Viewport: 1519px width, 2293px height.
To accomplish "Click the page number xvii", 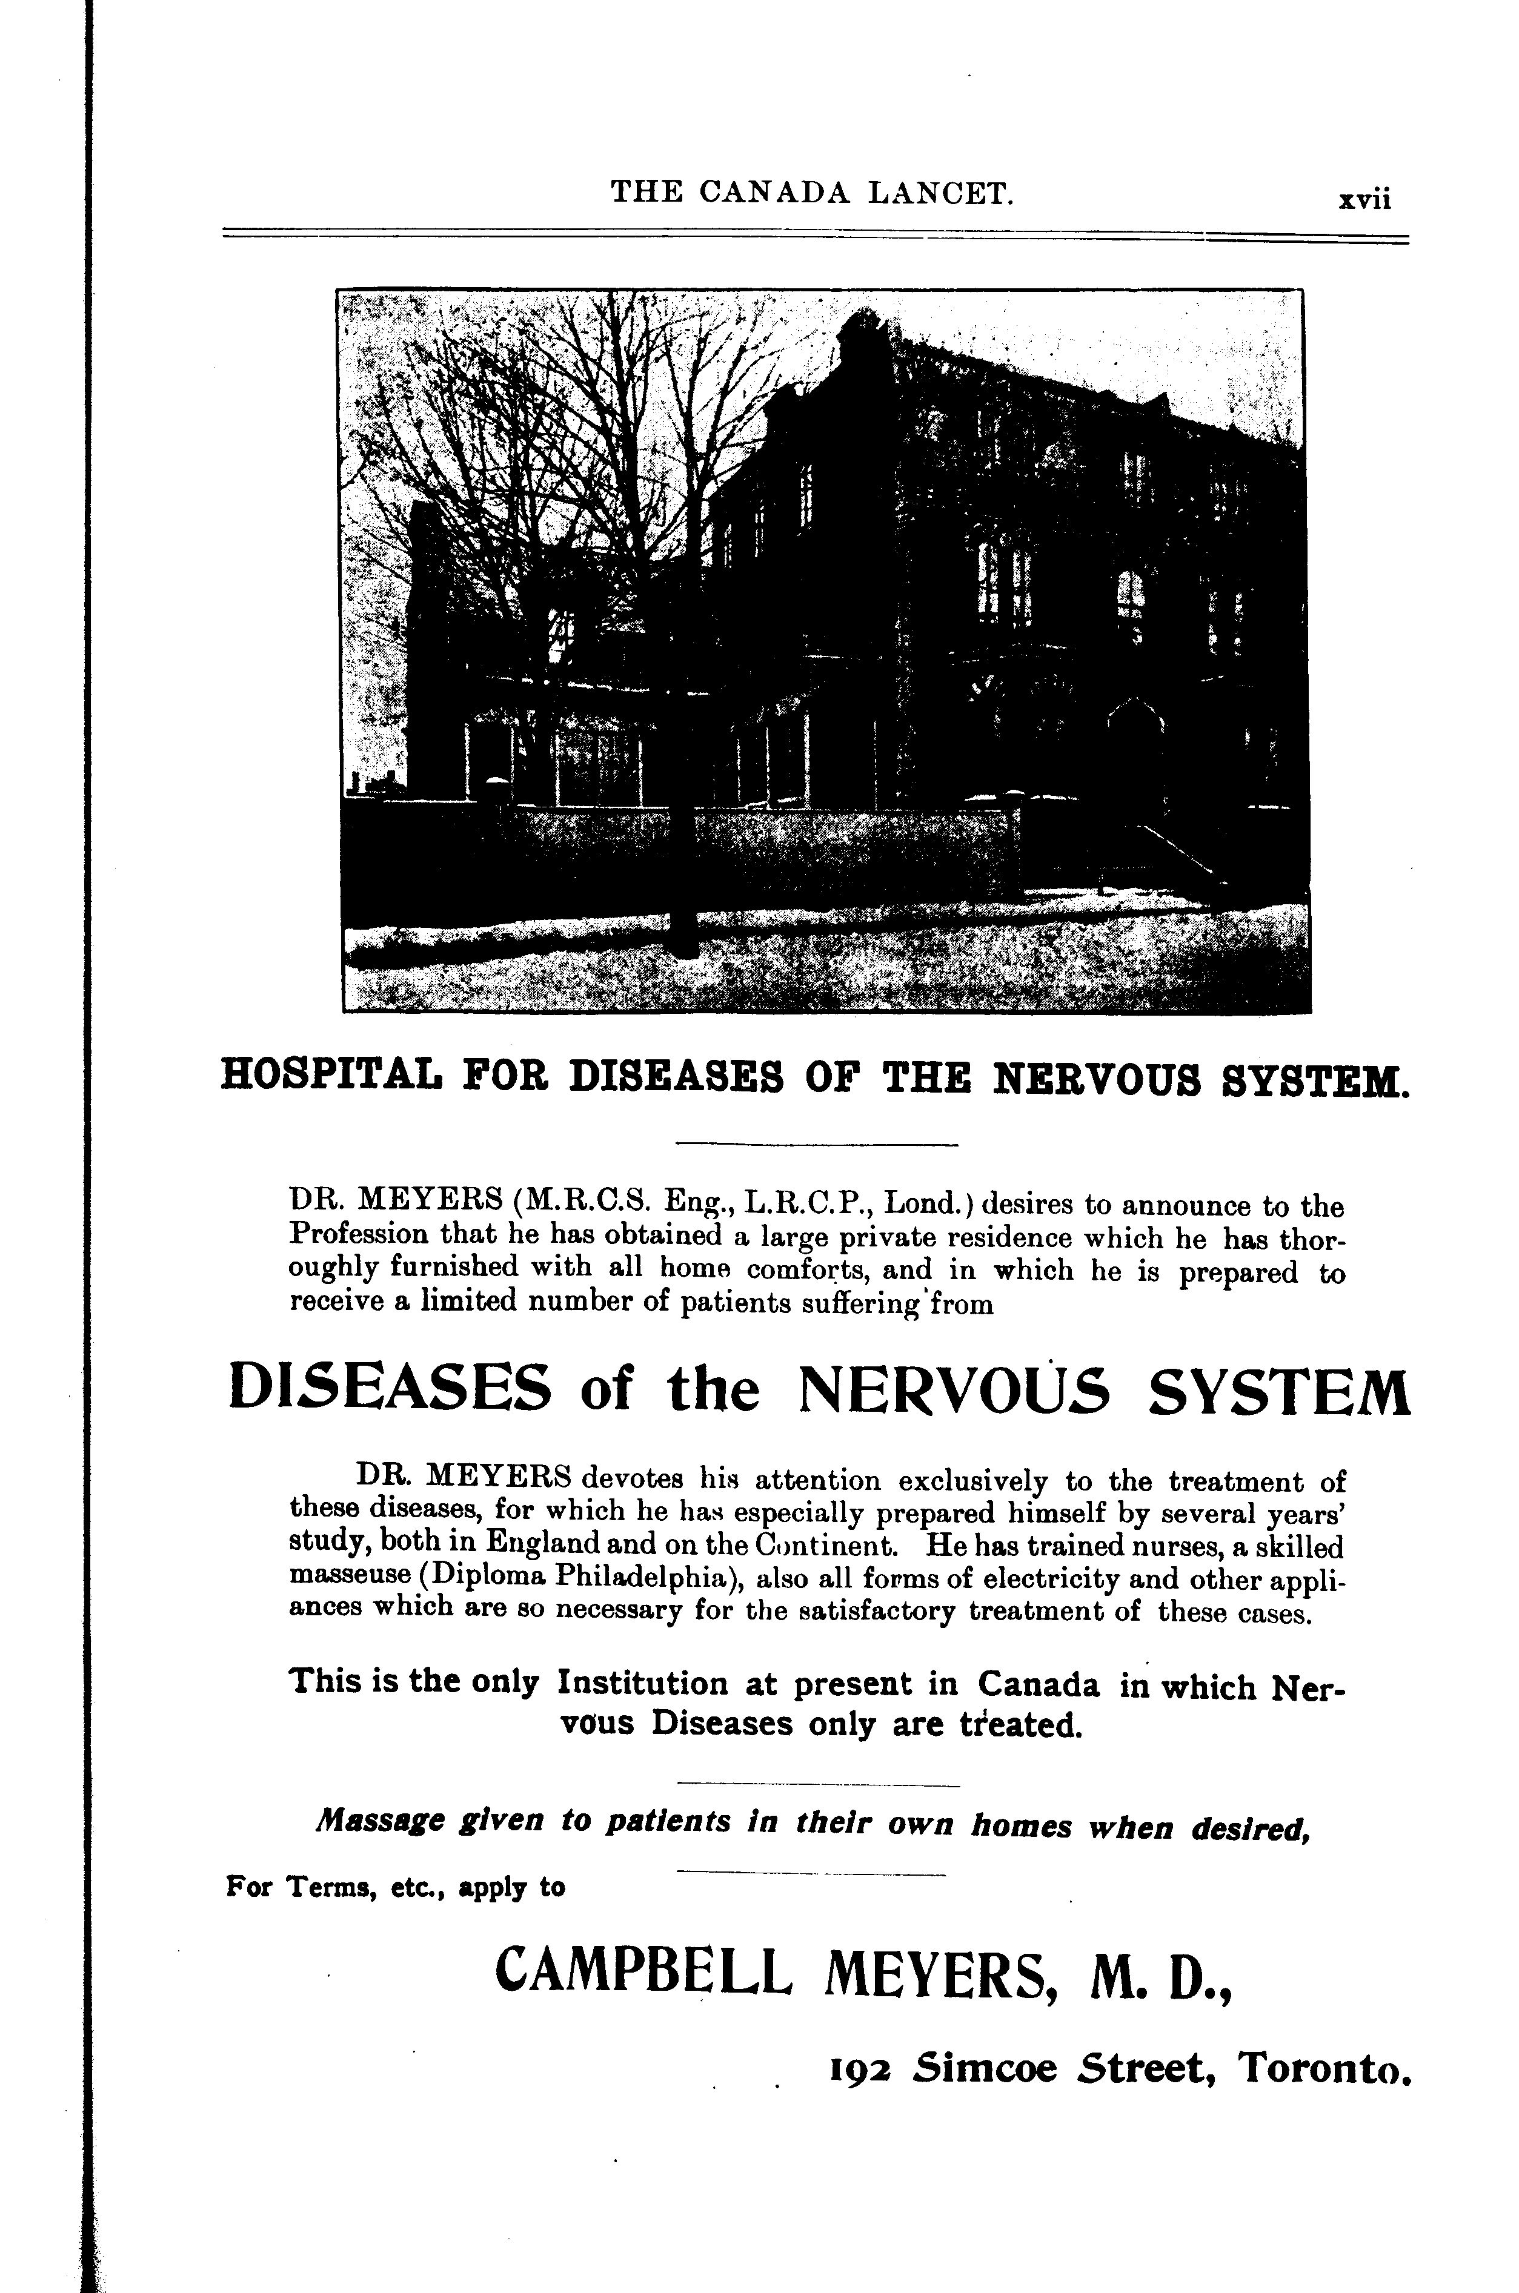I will coord(1363,199).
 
